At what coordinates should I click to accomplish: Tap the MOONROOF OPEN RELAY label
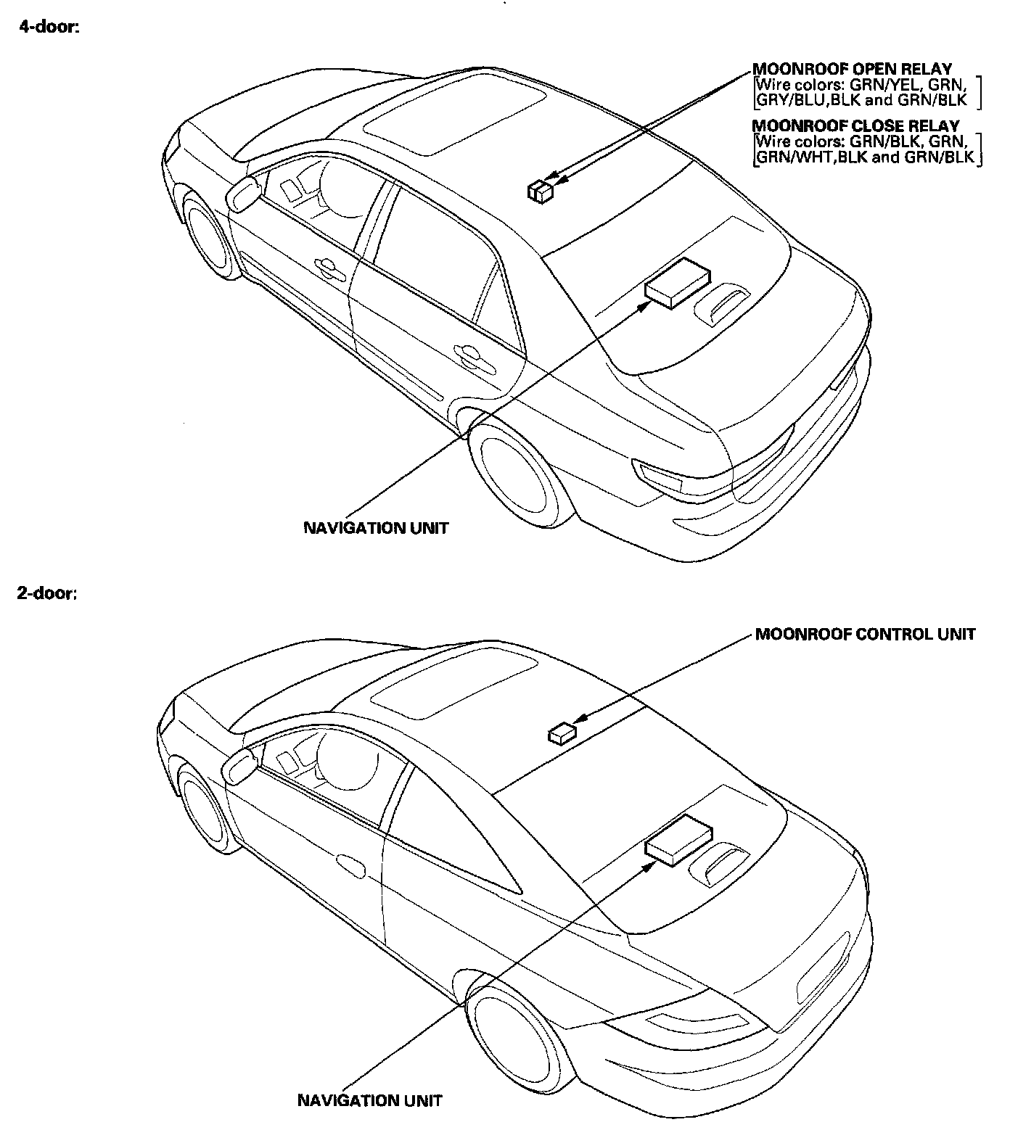(x=852, y=70)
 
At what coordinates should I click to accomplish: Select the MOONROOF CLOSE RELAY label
(x=855, y=125)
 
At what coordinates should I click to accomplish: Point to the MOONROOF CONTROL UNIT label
(x=865, y=635)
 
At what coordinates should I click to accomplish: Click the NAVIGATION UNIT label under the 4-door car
(x=376, y=528)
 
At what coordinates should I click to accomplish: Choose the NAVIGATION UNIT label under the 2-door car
(x=370, y=1100)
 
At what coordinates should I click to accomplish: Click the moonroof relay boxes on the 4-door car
(x=539, y=191)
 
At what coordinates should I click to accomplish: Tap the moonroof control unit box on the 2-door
(x=562, y=734)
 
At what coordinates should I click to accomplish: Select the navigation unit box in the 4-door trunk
(x=677, y=281)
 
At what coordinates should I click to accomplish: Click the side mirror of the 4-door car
(x=243, y=194)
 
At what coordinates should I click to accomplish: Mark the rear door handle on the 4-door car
(x=470, y=354)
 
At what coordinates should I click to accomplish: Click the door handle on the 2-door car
(x=352, y=863)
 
